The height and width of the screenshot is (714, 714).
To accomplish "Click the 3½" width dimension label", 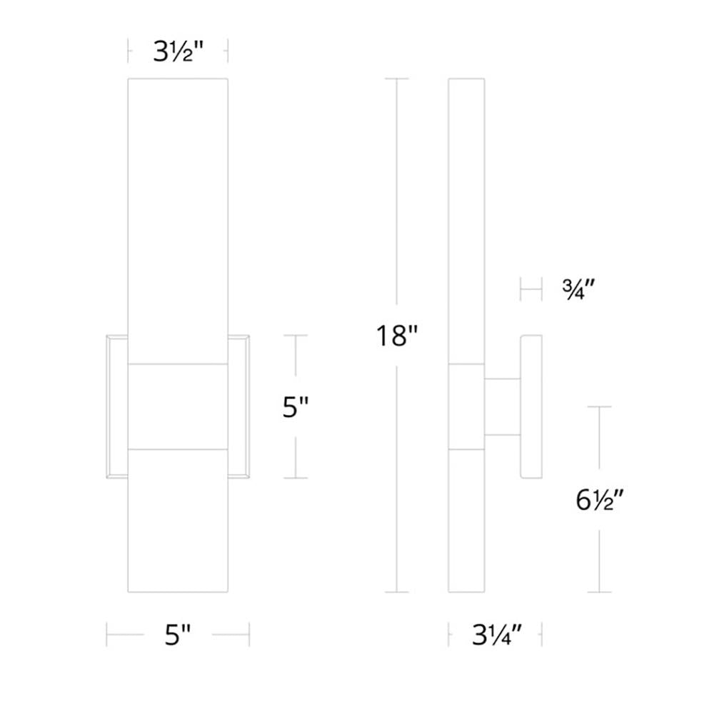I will coord(178,51).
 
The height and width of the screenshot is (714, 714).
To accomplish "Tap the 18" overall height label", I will coord(397,335).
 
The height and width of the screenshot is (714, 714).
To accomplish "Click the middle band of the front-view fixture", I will coord(178,407).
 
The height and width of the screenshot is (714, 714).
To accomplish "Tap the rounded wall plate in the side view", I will coord(531,406).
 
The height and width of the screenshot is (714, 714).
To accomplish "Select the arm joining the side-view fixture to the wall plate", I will coord(503,406).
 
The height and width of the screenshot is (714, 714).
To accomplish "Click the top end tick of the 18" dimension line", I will coord(397,79).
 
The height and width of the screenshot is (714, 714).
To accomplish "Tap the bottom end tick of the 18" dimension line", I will coord(397,592).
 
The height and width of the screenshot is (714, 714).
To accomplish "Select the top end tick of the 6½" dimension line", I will coord(599,407).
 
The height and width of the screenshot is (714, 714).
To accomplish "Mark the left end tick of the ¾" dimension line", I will coord(521,290).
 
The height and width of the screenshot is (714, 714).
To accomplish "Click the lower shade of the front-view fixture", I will coord(178,521).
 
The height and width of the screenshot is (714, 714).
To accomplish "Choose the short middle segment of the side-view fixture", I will coord(466,407).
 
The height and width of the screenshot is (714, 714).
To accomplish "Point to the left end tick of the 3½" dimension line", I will coord(129,51).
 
